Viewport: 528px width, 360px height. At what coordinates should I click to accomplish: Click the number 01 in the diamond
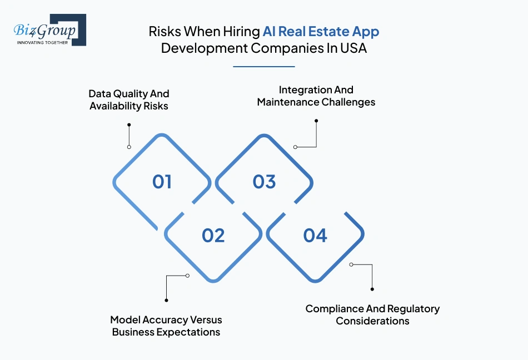(x=162, y=182)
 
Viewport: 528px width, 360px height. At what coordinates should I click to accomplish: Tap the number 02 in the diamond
(x=213, y=236)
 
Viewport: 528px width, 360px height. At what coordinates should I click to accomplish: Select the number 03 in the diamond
(x=264, y=182)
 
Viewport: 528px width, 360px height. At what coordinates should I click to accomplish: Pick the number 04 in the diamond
(x=315, y=236)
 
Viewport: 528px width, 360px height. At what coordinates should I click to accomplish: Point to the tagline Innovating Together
(x=43, y=42)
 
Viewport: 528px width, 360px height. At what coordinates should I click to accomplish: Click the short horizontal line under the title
(x=263, y=67)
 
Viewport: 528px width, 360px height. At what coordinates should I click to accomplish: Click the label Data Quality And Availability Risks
(x=129, y=99)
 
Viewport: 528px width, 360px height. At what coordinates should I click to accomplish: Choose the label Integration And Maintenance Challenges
(x=316, y=96)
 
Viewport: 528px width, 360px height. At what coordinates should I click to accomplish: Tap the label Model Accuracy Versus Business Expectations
(x=166, y=326)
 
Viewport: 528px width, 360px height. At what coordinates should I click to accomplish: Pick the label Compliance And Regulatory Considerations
(x=372, y=314)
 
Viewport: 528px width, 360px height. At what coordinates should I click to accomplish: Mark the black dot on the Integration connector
(x=316, y=121)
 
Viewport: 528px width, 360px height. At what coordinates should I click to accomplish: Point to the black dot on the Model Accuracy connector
(x=166, y=301)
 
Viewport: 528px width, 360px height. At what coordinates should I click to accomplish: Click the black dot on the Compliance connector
(x=372, y=289)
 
